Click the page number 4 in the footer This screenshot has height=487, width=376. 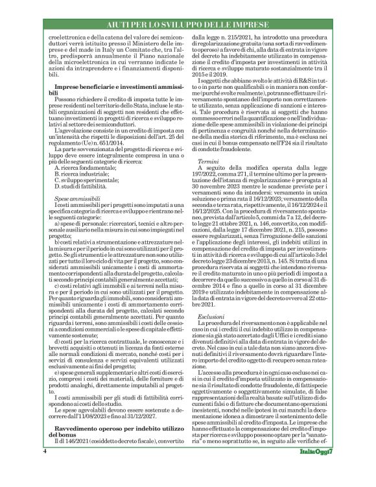[x=45, y=468]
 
